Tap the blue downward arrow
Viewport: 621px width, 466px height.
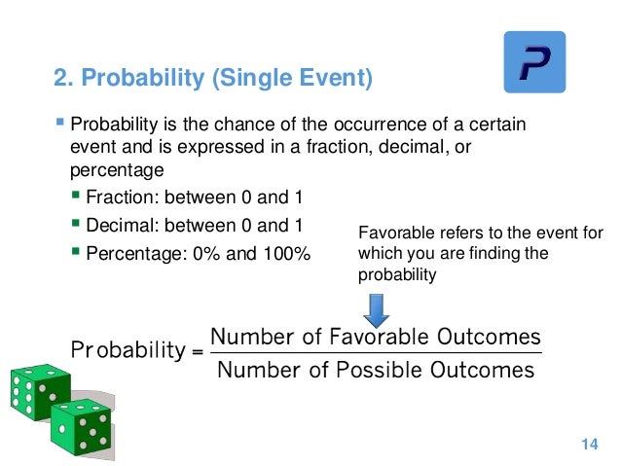point(376,308)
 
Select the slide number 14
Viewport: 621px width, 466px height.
point(587,445)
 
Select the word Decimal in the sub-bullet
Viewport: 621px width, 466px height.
point(118,226)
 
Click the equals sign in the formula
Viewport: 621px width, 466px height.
point(198,352)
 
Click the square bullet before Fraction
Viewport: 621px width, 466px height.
point(77,197)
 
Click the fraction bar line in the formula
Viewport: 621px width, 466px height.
point(375,353)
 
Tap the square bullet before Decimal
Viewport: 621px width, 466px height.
point(77,226)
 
